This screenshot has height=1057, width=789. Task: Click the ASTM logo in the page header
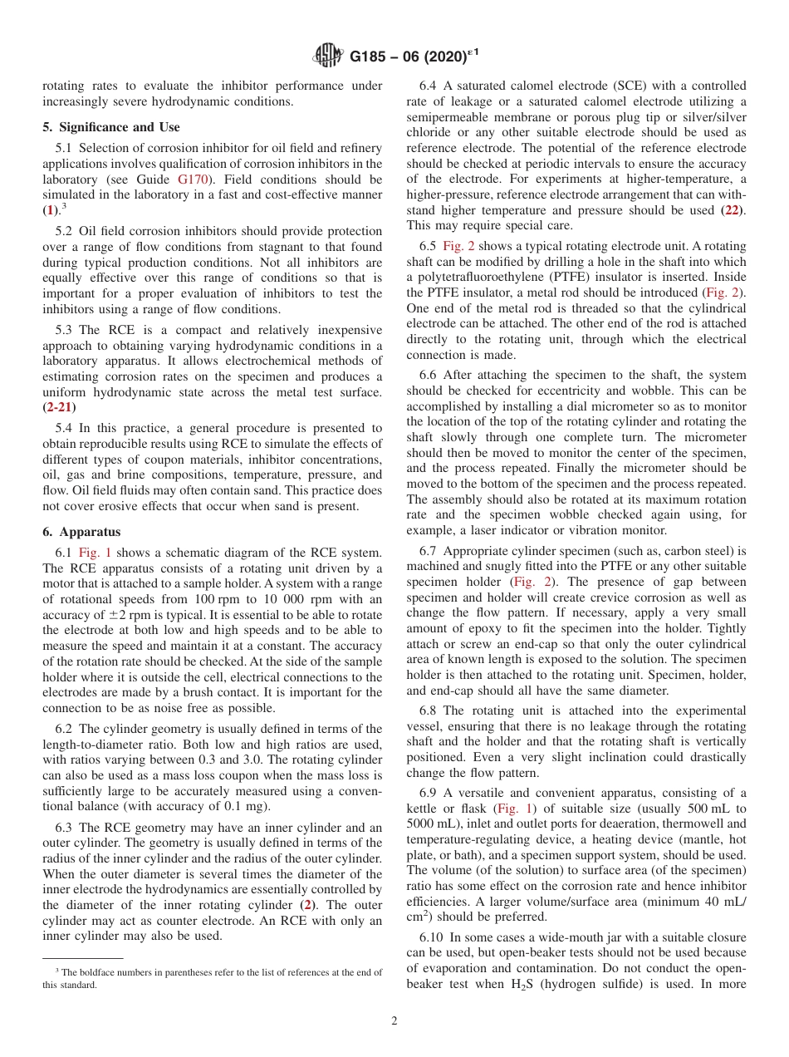[x=328, y=57]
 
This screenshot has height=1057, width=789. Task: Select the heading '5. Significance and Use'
[x=110, y=127]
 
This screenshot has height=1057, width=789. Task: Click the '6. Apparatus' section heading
[x=81, y=532]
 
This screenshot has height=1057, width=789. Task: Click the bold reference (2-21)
[x=58, y=407]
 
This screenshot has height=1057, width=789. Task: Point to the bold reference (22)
[x=732, y=209]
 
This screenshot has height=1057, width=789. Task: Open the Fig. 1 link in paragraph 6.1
[x=95, y=553]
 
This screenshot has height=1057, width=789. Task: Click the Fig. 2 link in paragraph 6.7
[x=531, y=582]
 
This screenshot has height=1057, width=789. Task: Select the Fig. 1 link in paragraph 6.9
[x=515, y=809]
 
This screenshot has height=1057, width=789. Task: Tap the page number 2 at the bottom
[x=394, y=1021]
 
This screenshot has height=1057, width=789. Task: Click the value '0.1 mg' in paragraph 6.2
[x=247, y=806]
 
